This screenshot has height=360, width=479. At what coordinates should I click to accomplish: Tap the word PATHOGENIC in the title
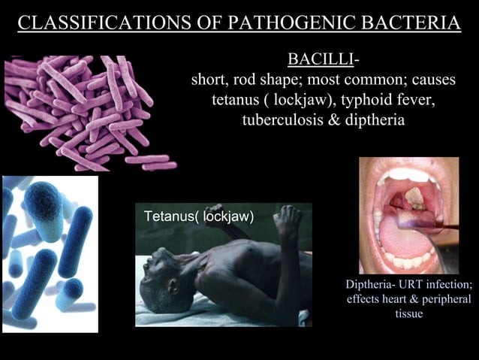(276, 23)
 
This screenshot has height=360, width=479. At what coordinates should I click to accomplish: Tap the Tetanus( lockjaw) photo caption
(198, 216)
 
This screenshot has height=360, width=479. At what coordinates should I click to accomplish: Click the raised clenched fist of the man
(285, 219)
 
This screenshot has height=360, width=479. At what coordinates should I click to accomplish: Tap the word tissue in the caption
(409, 313)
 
